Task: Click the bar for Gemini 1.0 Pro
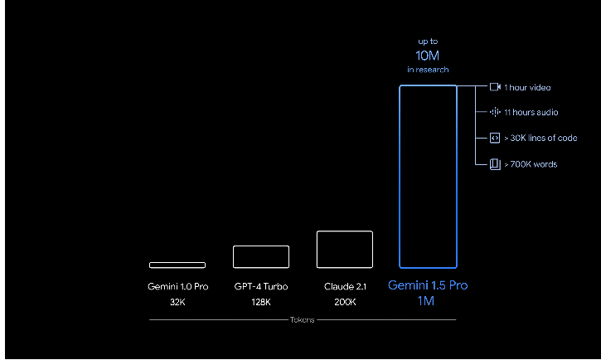pyautogui.click(x=177, y=265)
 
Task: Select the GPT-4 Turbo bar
pyautogui.click(x=261, y=256)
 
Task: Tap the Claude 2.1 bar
pyautogui.click(x=344, y=249)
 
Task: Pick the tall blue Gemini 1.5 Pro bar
pyautogui.click(x=428, y=176)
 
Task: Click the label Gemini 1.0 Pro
pyautogui.click(x=177, y=286)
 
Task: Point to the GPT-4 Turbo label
pyautogui.click(x=261, y=286)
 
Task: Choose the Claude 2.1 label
pyautogui.click(x=345, y=286)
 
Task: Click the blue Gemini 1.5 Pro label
pyautogui.click(x=428, y=285)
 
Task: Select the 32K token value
pyautogui.click(x=177, y=302)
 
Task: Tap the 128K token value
pyautogui.click(x=261, y=302)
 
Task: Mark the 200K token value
pyautogui.click(x=345, y=302)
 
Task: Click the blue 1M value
pyautogui.click(x=428, y=302)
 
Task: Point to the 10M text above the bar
pyautogui.click(x=428, y=56)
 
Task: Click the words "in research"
pyautogui.click(x=428, y=70)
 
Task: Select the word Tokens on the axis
pyautogui.click(x=302, y=319)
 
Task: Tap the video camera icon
pyautogui.click(x=495, y=87)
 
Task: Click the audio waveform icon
pyautogui.click(x=495, y=112)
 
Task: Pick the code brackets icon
pyautogui.click(x=495, y=138)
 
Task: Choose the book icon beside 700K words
pyautogui.click(x=495, y=163)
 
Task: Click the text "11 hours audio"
pyautogui.click(x=531, y=112)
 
